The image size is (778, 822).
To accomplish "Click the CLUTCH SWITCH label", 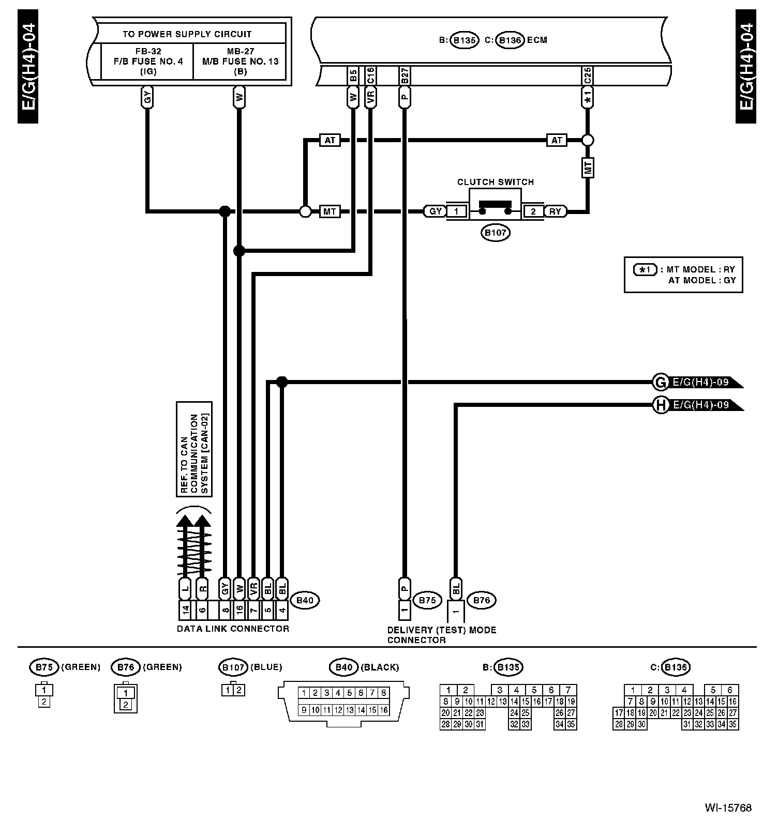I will (x=495, y=182).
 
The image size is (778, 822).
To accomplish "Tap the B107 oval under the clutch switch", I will (x=495, y=233).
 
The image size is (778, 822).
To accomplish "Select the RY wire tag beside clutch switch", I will (x=555, y=211).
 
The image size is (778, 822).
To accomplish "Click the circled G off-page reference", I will (x=660, y=383).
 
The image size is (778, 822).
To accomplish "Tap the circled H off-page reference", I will (x=660, y=405).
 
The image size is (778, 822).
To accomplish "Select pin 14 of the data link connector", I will (x=185, y=611).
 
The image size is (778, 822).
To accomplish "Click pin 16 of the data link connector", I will (x=239, y=611).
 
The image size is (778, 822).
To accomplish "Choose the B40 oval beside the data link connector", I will (x=305, y=600).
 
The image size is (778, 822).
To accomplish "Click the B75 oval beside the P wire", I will (x=427, y=600).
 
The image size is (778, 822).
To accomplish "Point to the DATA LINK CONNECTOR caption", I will (x=233, y=629).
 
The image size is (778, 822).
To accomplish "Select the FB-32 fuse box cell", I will (x=148, y=61).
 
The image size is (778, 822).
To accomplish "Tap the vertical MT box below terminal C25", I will (x=587, y=168).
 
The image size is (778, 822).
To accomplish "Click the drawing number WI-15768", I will (x=727, y=808).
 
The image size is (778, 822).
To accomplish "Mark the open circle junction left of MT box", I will (x=305, y=211).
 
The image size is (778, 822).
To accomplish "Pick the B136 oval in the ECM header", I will (x=510, y=40).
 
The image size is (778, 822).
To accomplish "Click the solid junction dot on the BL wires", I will (x=281, y=382).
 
